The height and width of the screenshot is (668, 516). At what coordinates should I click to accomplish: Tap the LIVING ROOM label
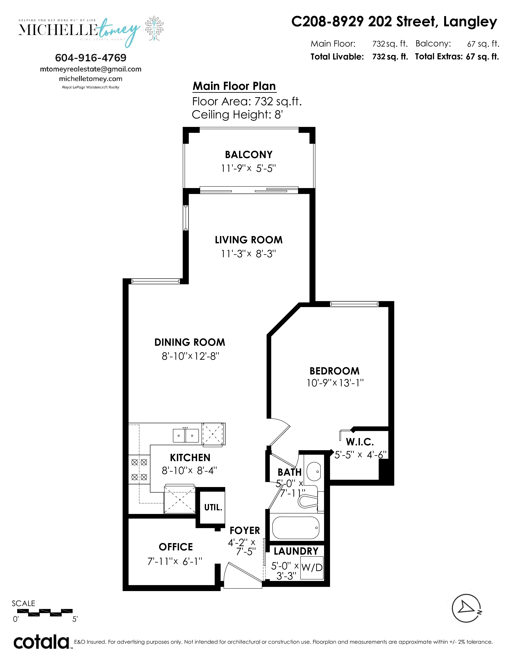tap(248, 240)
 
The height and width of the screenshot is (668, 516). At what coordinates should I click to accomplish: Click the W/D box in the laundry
tap(312, 567)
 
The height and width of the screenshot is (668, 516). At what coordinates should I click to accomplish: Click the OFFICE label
tap(176, 547)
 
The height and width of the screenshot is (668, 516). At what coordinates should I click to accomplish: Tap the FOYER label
tap(245, 530)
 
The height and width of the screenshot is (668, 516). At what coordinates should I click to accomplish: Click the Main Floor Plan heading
tap(234, 86)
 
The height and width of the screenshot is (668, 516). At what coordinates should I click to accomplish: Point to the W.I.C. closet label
tap(360, 442)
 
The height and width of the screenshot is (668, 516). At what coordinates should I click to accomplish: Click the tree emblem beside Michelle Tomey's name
tap(154, 29)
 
